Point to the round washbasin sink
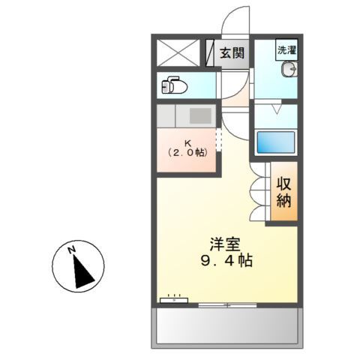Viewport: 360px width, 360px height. tap(288, 70)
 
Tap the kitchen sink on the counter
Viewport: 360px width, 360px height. tap(200, 116)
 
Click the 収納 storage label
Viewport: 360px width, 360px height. tap(284, 191)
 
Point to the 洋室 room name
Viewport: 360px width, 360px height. tap(223, 244)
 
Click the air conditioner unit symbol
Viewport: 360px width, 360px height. tap(174, 298)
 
